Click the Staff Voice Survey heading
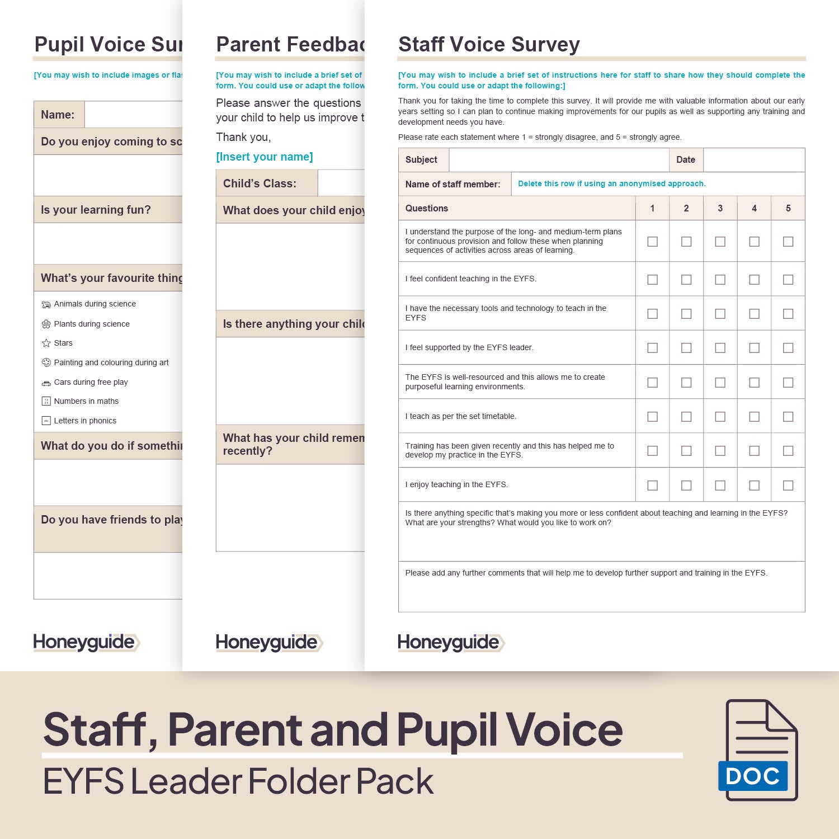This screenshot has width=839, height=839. [489, 44]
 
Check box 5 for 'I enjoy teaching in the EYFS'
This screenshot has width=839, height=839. [788, 486]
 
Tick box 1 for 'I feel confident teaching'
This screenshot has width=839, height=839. [652, 280]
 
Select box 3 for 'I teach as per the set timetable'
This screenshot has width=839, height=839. [720, 417]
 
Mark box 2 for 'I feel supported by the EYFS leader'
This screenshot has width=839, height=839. [686, 348]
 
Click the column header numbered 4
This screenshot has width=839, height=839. [754, 208]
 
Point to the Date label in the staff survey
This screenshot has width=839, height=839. [686, 160]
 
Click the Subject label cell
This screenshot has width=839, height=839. [422, 160]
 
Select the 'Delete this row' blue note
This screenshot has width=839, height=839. [611, 183]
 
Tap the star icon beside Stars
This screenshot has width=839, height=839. [46, 343]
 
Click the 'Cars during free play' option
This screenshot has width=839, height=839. [91, 382]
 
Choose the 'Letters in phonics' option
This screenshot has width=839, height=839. [85, 421]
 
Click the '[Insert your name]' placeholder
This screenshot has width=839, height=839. [265, 157]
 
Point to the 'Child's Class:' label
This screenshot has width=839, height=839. [260, 183]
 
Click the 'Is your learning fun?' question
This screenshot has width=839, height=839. [96, 210]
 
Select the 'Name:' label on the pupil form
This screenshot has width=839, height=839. [58, 115]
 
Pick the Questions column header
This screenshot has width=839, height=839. [427, 208]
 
